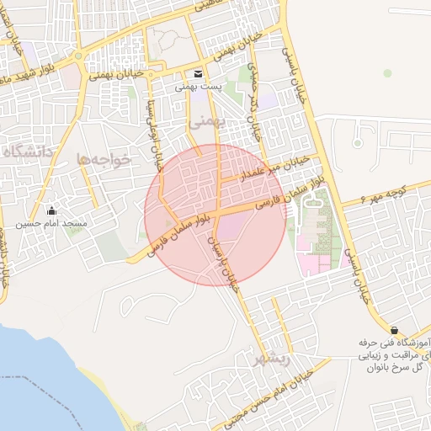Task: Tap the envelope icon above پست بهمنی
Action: click(198, 74)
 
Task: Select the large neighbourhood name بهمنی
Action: click(204, 121)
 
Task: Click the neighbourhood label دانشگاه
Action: click(28, 152)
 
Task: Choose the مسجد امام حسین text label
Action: click(54, 225)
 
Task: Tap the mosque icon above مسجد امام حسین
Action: click(52, 210)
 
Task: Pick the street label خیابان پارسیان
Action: click(225, 262)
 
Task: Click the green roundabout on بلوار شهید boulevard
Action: click(79, 57)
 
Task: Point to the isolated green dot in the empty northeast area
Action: click(387, 73)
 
